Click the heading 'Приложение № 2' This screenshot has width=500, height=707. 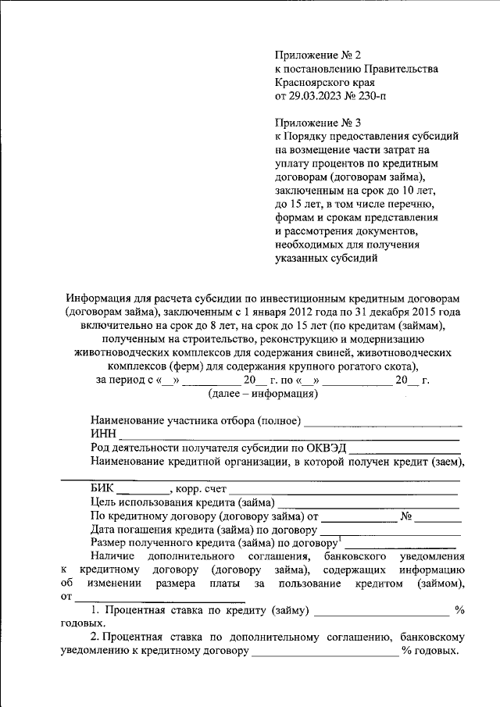[x=318, y=55]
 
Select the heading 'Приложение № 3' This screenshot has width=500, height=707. [x=318, y=122]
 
